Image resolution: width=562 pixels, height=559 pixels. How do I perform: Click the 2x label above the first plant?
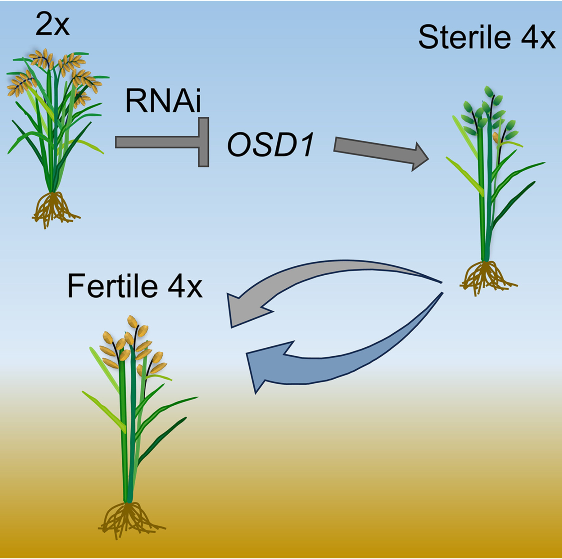tap(52, 25)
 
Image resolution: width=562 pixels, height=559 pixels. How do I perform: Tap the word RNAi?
tap(163, 101)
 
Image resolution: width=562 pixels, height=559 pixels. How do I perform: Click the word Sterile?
tap(465, 37)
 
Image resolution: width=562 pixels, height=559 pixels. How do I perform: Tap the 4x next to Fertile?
tap(185, 286)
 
